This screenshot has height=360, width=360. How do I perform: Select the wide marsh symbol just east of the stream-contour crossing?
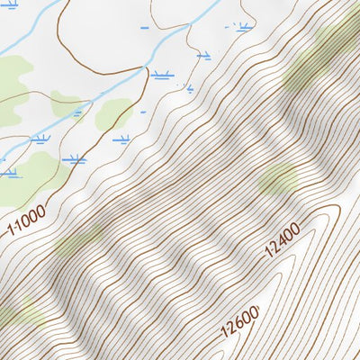coord(161,75)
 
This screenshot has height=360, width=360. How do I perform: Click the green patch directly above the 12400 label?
coord(277,179)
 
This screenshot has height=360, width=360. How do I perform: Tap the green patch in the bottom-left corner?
coord(16,312)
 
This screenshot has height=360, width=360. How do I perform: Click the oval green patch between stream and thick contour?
coord(113,112)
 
